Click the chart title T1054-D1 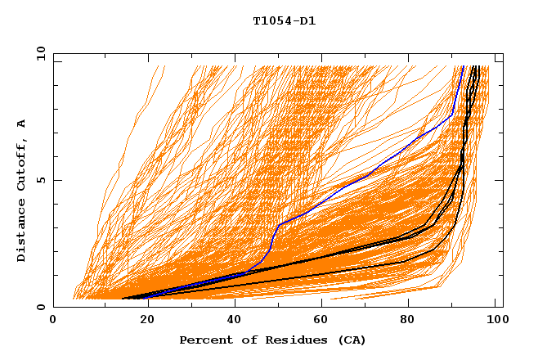coord(284,21)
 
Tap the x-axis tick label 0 coord(53,322)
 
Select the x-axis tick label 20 coord(142,322)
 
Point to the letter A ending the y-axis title coord(22,124)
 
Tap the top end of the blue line coord(463,67)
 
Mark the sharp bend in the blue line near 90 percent coord(452,116)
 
